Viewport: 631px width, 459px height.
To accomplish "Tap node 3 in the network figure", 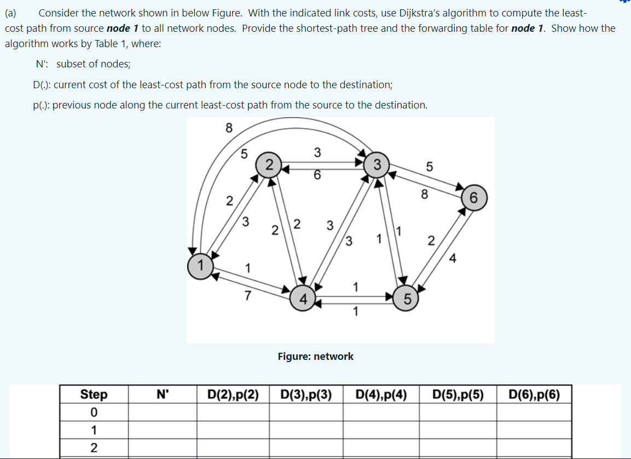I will tap(377, 164).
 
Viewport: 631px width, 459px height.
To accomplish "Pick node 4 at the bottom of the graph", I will tap(302, 299).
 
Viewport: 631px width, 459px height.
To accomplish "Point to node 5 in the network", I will tap(406, 299).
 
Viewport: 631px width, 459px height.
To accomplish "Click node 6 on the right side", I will tap(474, 199).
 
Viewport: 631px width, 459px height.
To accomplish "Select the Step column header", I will tap(94, 394).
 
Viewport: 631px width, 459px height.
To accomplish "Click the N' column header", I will tap(163, 394).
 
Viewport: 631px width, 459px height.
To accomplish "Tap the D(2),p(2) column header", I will tap(233, 394).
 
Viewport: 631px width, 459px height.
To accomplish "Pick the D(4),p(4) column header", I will tap(381, 394).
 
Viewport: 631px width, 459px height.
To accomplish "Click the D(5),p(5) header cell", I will tap(458, 394).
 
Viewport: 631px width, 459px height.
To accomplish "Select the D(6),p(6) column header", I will tap(534, 394).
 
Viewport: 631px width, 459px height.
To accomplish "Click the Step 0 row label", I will tap(94, 411).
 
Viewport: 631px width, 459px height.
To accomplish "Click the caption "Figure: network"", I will tap(315, 357).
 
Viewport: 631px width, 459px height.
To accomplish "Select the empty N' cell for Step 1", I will tap(163, 429).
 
